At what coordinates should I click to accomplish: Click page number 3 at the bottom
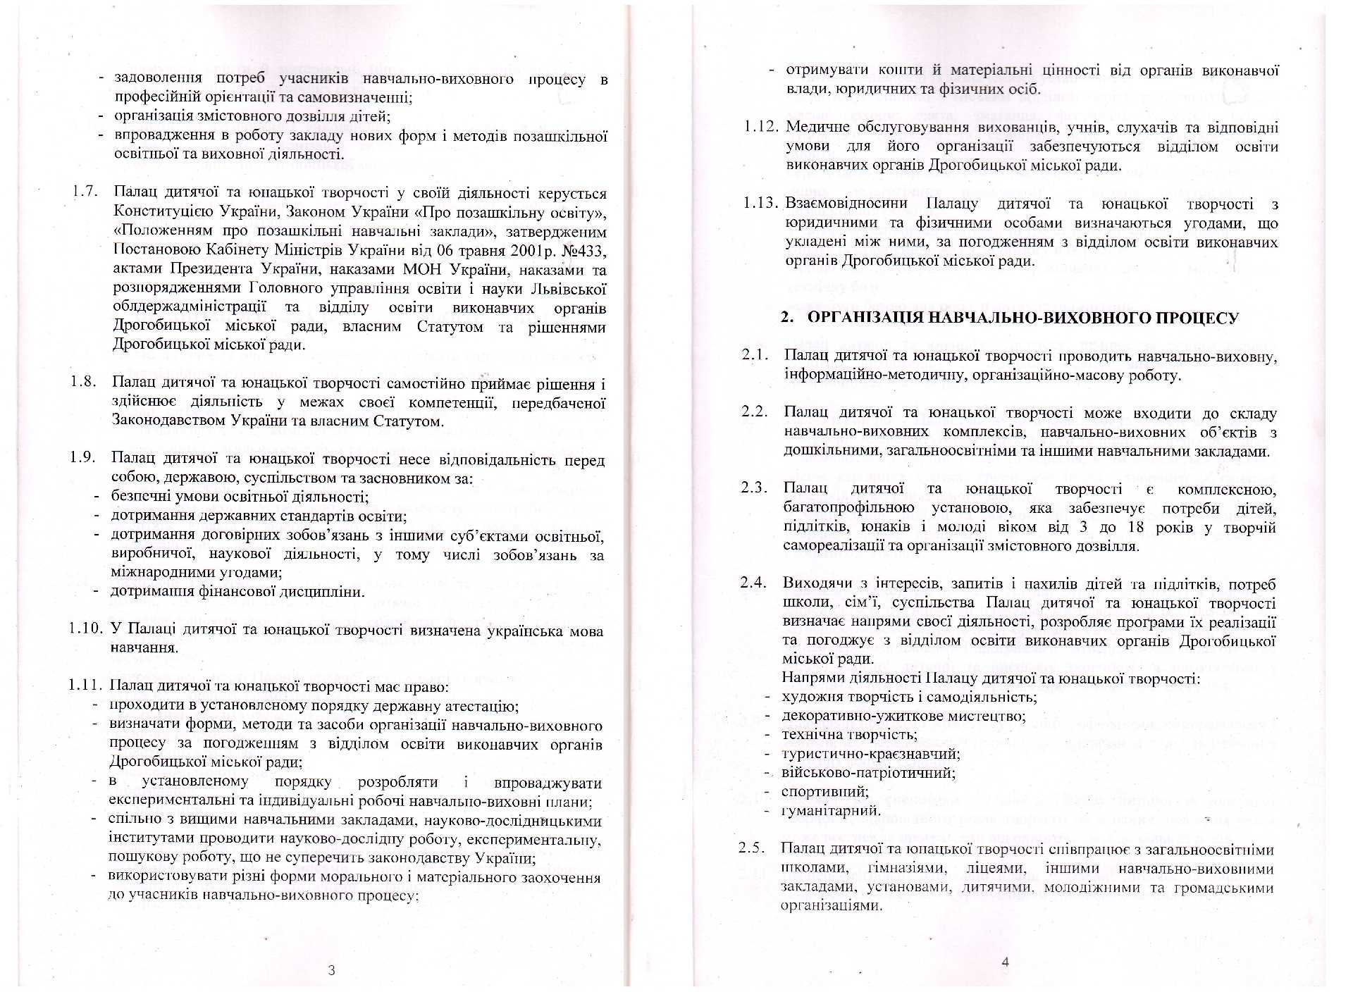[x=331, y=969]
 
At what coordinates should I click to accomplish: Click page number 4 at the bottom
[x=1005, y=961]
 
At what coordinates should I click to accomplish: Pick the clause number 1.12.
[x=761, y=127]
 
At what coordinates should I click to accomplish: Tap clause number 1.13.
[x=761, y=204]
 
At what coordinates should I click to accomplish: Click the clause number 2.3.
[x=754, y=488]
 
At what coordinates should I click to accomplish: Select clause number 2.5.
[x=751, y=848]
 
